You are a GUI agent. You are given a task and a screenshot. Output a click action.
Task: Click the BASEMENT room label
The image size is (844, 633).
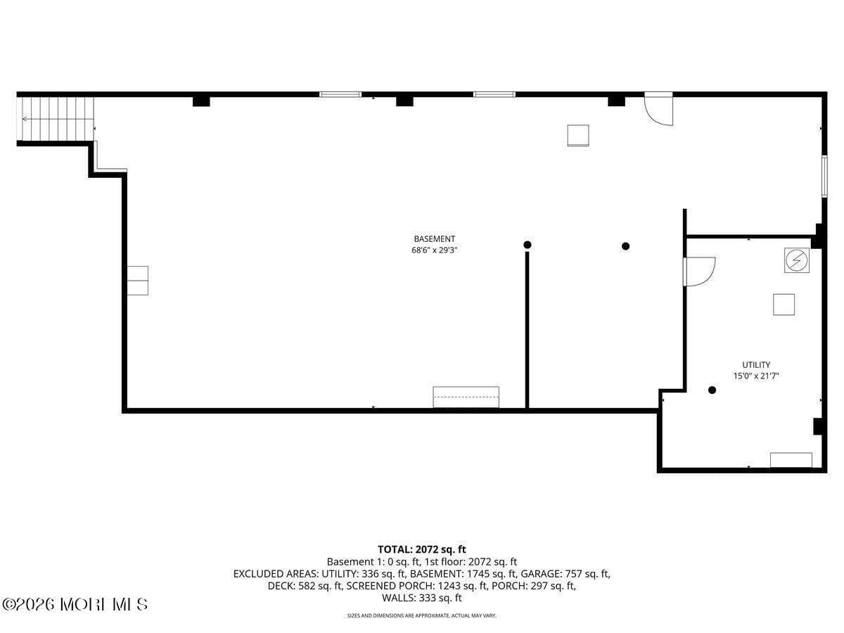(x=434, y=239)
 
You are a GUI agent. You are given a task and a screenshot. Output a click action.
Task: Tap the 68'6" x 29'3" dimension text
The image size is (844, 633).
(x=434, y=250)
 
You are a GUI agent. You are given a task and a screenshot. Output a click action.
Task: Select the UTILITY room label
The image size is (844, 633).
(x=755, y=365)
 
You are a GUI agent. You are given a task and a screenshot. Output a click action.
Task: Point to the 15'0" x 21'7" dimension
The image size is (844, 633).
(x=755, y=376)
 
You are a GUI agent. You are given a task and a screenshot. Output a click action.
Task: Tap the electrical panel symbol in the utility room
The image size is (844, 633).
(x=796, y=260)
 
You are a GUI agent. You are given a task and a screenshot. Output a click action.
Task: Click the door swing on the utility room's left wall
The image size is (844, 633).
(x=699, y=271)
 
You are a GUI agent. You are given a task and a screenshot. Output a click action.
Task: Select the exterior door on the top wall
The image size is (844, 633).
(x=659, y=108)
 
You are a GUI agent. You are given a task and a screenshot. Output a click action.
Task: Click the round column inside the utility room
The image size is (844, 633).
(x=712, y=390)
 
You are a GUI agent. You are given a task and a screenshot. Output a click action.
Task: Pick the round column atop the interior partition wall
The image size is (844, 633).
(x=527, y=245)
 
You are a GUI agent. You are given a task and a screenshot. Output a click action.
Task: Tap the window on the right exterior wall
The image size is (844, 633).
(x=824, y=176)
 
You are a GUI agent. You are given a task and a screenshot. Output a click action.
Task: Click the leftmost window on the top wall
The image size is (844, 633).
(x=340, y=94)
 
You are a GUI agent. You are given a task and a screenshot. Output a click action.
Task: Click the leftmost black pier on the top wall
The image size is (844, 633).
(x=201, y=101)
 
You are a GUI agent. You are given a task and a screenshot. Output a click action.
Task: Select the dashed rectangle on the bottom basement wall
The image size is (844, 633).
(x=466, y=397)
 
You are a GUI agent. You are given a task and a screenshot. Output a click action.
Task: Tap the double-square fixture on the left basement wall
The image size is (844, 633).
(x=138, y=280)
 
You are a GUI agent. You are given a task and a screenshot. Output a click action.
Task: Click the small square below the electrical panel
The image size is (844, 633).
(x=784, y=305)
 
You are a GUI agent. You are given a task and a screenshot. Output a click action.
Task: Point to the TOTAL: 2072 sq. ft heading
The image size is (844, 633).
(x=421, y=549)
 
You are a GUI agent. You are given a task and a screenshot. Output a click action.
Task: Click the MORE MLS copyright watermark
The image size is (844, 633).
(x=75, y=604)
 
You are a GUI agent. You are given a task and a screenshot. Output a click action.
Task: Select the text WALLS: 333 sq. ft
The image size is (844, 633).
(x=421, y=599)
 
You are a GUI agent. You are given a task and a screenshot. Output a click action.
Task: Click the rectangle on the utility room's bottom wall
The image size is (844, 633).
(x=791, y=460)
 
